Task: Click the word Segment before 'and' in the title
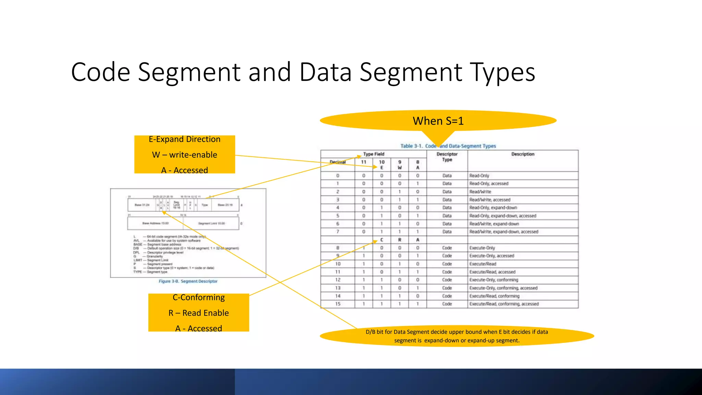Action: point(189,72)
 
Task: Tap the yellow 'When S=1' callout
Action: point(438,121)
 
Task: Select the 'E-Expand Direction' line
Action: point(184,139)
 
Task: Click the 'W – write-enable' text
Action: point(184,155)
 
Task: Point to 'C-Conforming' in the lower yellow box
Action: point(198,297)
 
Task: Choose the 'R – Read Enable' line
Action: point(198,313)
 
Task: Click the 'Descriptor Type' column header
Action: point(447,157)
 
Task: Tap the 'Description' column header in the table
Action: point(523,154)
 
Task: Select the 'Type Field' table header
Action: point(374,154)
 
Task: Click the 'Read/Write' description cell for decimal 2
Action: point(480,192)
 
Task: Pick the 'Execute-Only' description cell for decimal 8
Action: point(482,248)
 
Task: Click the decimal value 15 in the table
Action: point(338,304)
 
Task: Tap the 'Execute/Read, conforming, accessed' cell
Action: point(504,304)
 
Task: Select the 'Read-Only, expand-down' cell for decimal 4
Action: point(493,208)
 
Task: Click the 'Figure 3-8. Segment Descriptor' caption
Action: point(188,281)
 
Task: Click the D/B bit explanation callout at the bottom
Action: point(457,336)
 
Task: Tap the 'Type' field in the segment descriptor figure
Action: point(205,205)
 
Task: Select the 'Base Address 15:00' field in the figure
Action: point(155,223)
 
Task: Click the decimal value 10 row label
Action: point(338,264)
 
